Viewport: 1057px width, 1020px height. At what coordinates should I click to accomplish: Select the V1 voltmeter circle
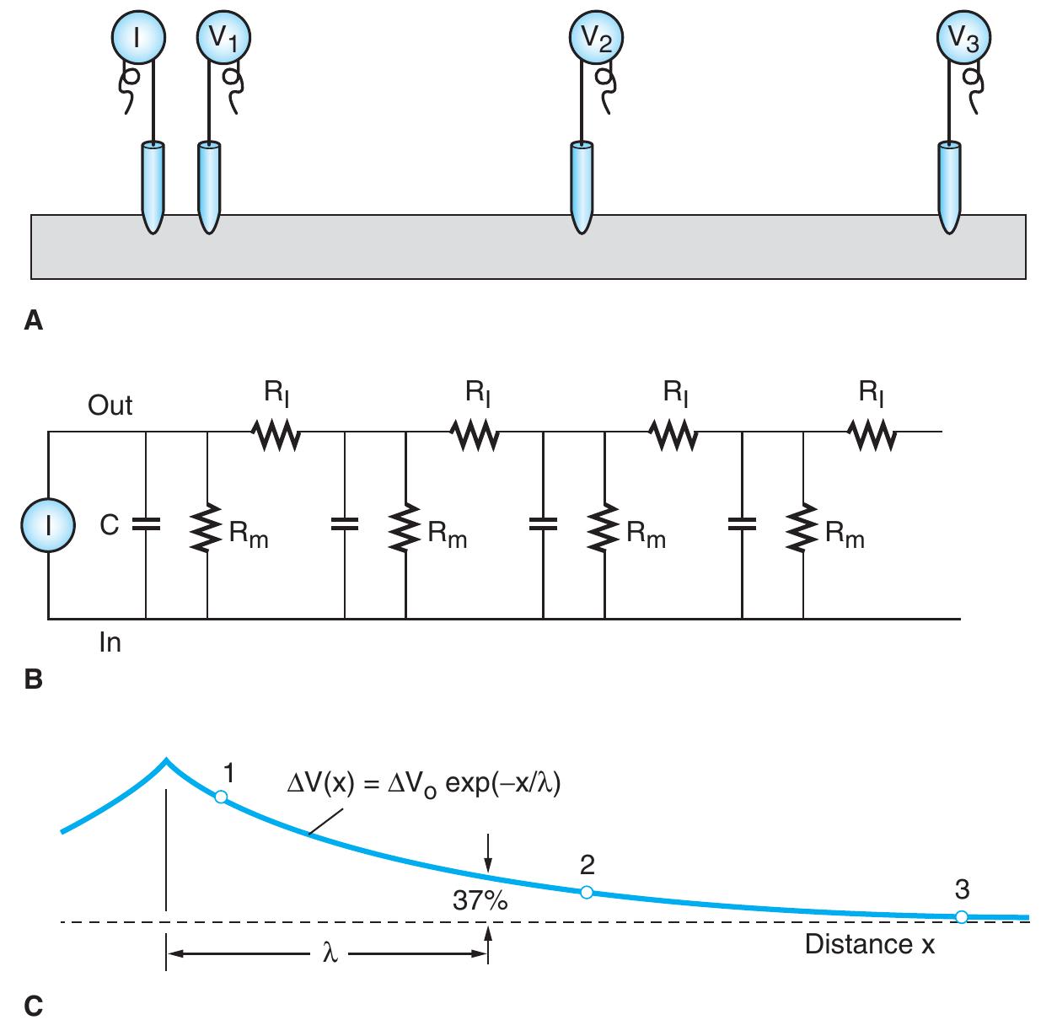(x=223, y=39)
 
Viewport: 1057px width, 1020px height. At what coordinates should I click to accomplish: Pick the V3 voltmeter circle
(x=964, y=39)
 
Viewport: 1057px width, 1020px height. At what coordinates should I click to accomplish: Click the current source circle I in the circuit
(x=49, y=524)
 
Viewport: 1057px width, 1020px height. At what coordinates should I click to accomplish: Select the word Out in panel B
(x=110, y=405)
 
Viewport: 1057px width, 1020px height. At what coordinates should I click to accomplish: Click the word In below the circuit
(x=110, y=643)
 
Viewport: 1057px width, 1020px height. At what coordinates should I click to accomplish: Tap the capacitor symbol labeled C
(x=146, y=524)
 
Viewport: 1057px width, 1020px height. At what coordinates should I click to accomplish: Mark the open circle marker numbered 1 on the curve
(x=220, y=797)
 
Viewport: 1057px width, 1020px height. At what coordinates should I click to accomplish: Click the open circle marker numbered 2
(x=587, y=892)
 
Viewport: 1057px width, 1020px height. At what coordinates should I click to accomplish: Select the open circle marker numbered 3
(x=962, y=917)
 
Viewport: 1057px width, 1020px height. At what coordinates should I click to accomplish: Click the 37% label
(x=480, y=901)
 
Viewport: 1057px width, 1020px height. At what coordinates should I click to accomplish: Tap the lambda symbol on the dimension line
(x=330, y=954)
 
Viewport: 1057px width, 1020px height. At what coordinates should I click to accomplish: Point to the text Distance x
(x=870, y=944)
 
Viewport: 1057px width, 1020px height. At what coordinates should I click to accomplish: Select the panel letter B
(x=34, y=679)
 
